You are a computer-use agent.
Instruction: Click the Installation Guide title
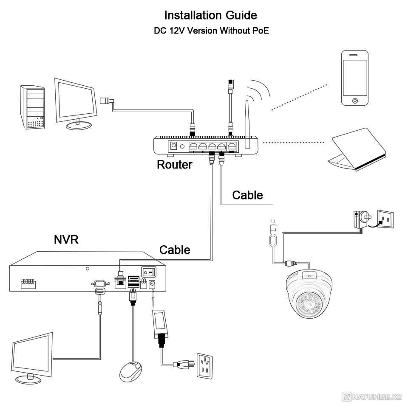pyautogui.click(x=210, y=15)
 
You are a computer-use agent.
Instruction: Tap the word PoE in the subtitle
pyautogui.click(x=260, y=31)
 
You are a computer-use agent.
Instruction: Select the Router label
pyautogui.click(x=174, y=165)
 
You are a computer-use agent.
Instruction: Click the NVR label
pyautogui.click(x=66, y=240)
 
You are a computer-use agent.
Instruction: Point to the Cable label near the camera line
pyautogui.click(x=247, y=195)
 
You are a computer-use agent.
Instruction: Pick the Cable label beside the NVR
pyautogui.click(x=175, y=250)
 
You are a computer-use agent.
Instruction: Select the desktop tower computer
pyautogui.click(x=32, y=107)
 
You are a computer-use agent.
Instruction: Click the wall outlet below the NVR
pyautogui.click(x=205, y=365)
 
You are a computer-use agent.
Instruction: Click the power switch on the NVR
pyautogui.click(x=148, y=270)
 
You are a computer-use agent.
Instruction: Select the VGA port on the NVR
pyautogui.click(x=99, y=283)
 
